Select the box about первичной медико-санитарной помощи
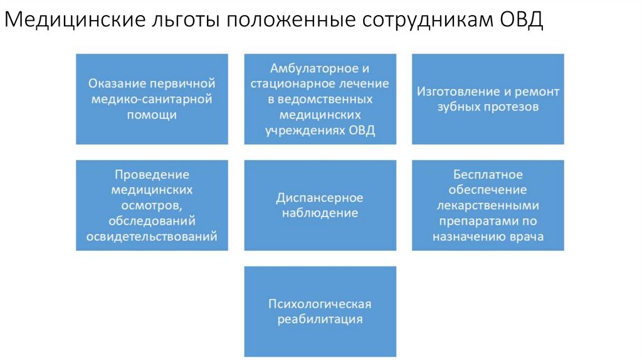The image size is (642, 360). pyautogui.click(x=152, y=99)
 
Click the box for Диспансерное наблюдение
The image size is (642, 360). pyautogui.click(x=320, y=205)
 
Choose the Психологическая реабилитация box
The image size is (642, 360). pyautogui.click(x=320, y=312)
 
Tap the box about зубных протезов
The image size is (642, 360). pyautogui.click(x=488, y=99)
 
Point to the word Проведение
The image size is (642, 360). pyautogui.click(x=152, y=174)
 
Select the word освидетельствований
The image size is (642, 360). pyautogui.click(x=152, y=236)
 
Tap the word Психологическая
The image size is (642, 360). pyautogui.click(x=320, y=304)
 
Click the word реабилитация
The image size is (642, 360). pyautogui.click(x=320, y=319)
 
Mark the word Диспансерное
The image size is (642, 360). pyautogui.click(x=320, y=198)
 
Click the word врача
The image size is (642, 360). pyautogui.click(x=527, y=236)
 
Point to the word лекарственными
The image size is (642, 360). pyautogui.click(x=488, y=205)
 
